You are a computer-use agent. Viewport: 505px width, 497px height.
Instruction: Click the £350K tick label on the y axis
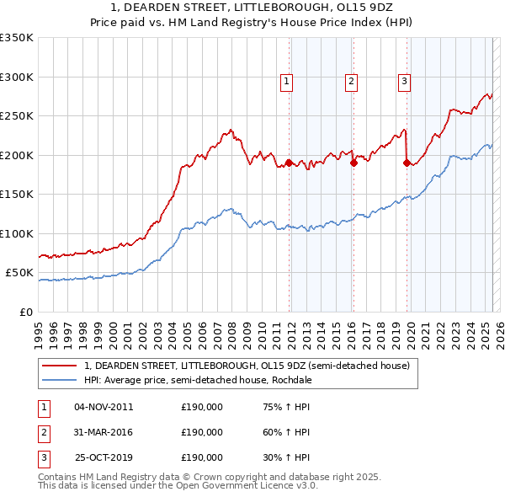point(17,38)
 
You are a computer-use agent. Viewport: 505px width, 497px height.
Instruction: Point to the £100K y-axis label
point(17,233)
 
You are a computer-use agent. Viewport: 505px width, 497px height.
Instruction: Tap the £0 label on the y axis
point(26,312)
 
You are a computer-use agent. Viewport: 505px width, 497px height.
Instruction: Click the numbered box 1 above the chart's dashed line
point(287,82)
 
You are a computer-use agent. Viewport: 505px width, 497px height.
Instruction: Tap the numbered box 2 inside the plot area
point(350,82)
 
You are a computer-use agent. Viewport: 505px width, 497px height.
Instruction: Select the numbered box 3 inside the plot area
point(405,82)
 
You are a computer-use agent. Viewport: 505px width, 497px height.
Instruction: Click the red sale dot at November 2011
point(289,163)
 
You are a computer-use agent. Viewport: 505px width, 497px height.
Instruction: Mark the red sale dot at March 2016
point(353,163)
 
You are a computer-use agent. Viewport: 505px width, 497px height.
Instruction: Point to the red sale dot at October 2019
point(407,163)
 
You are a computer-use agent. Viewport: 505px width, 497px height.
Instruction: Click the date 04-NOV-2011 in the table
point(104,407)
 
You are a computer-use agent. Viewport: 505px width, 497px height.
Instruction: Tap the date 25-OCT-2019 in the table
point(104,457)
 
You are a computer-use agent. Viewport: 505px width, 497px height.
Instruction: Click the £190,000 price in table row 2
point(202,432)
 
